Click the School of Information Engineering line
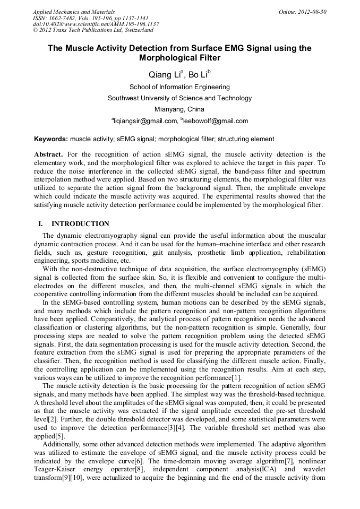[x=179, y=87]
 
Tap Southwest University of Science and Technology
[x=179, y=98]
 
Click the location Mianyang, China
[x=179, y=109]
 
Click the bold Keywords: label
[x=51, y=139]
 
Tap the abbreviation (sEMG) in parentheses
[x=313, y=269]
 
